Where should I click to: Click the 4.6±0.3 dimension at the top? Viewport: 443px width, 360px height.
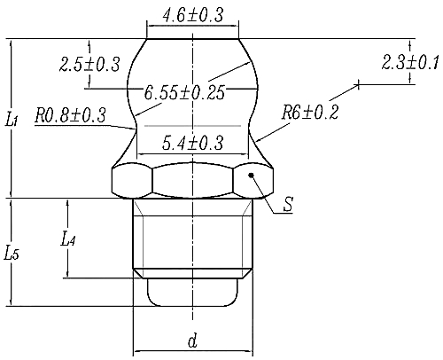[192, 15]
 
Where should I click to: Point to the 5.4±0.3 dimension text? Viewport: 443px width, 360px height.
[192, 142]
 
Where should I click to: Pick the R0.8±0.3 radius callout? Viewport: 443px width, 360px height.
[70, 115]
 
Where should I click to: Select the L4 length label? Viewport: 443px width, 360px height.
[69, 239]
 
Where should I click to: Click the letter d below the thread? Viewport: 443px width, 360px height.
[192, 340]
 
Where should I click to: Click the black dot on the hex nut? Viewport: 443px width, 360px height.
[253, 176]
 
